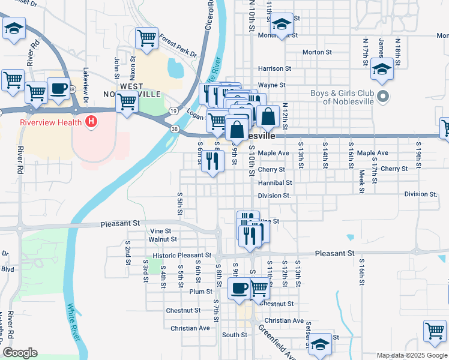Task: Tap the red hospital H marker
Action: coord(91,122)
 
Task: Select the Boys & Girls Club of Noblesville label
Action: coord(344,97)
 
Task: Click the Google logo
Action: coord(20,353)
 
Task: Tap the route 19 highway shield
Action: coord(173,111)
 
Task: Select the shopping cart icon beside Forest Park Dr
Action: coord(146,38)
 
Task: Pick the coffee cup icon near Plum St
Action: coord(239,289)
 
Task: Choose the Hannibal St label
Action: coord(275,182)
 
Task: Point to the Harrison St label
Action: coord(274,68)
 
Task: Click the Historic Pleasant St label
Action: coord(182,256)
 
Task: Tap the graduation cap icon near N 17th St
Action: coord(382,69)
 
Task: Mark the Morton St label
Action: coord(313,52)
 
